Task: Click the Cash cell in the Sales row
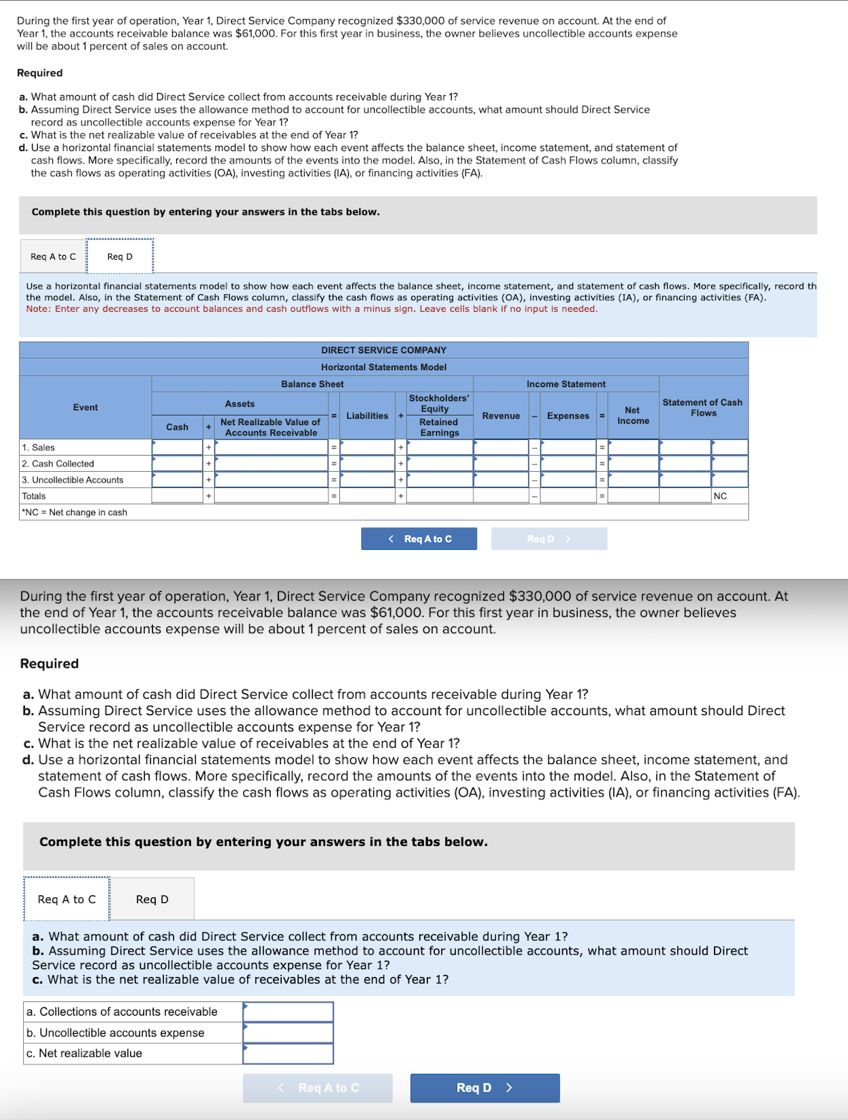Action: pos(177,447)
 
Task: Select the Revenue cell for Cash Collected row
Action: pos(501,464)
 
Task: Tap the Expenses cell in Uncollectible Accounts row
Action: pos(568,480)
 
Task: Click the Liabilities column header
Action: pos(367,416)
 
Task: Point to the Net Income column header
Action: pos(633,416)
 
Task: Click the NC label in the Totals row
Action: pos(720,496)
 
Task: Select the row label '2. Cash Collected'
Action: pos(58,464)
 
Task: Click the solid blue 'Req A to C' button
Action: pos(419,539)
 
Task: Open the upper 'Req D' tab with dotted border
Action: pos(120,256)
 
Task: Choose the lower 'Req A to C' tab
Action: pos(66,899)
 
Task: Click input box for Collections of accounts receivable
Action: pos(288,1012)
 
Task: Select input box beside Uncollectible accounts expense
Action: pos(288,1033)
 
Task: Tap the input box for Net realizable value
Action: pos(288,1054)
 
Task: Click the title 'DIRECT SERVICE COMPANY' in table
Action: pos(383,351)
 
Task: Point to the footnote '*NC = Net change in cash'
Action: pos(75,513)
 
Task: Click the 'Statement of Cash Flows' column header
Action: pos(702,407)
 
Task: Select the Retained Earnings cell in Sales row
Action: pos(440,447)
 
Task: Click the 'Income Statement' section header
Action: pos(566,384)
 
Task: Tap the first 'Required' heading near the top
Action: pos(40,73)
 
